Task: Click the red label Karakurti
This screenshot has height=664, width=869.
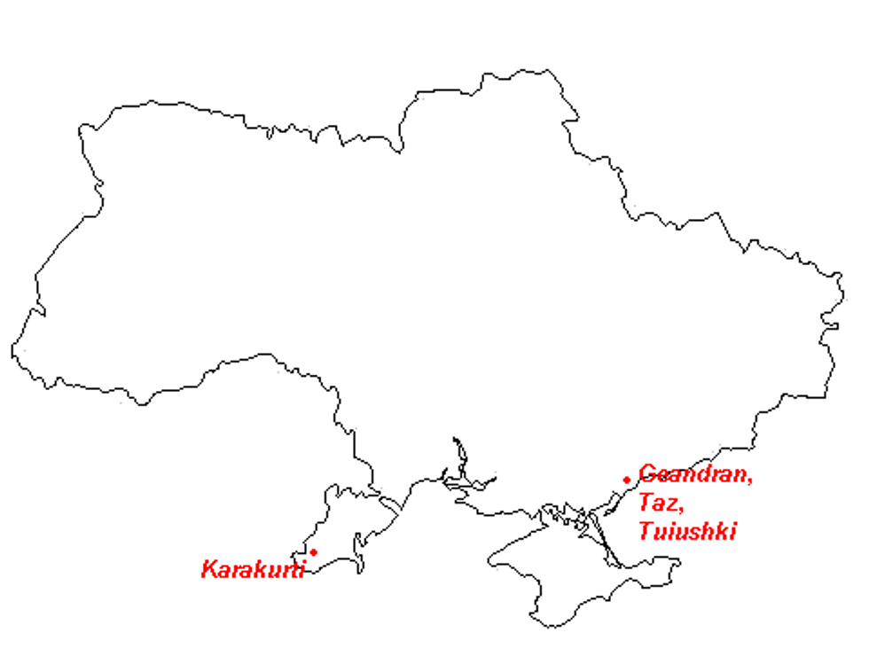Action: [x=253, y=568]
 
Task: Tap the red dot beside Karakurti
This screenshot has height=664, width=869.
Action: [x=313, y=552]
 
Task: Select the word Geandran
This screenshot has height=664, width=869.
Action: [x=695, y=474]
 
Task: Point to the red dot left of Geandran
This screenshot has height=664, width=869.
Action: [x=627, y=480]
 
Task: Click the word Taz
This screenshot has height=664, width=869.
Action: [x=658, y=503]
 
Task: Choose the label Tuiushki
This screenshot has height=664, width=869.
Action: [x=687, y=531]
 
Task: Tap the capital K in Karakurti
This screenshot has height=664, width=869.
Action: [x=209, y=568]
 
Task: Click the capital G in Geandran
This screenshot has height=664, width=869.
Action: [x=648, y=474]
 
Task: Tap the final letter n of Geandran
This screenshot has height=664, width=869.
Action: [x=741, y=475]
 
